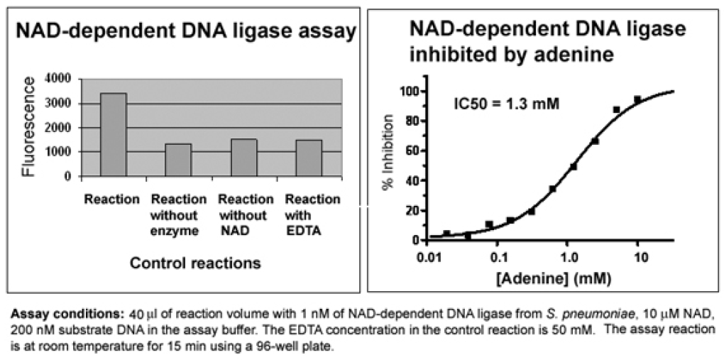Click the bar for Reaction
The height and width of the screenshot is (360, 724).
(114, 135)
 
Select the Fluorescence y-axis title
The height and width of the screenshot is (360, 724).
(28, 127)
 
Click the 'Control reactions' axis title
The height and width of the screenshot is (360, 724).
(195, 263)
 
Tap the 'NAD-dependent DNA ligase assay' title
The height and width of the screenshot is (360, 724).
(186, 32)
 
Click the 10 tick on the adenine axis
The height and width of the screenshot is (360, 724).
(637, 255)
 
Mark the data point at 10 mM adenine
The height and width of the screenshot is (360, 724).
(637, 100)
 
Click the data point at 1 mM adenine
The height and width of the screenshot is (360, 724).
(573, 167)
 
